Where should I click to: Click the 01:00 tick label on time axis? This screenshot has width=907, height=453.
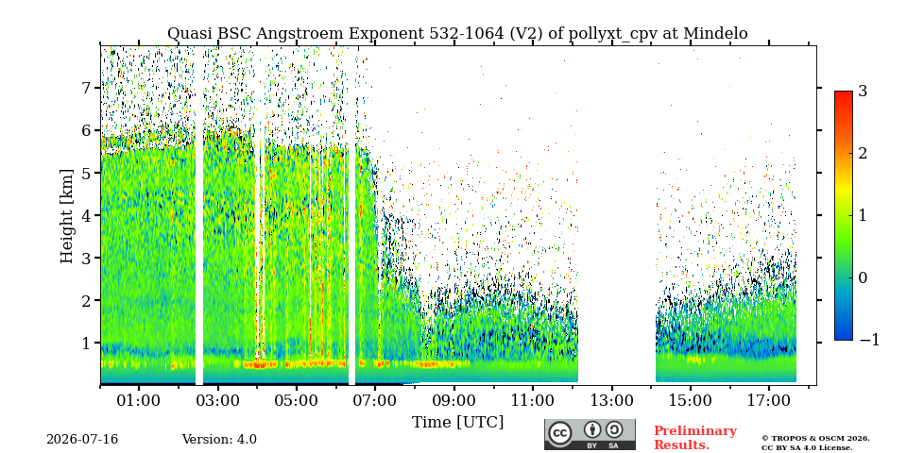[138, 401]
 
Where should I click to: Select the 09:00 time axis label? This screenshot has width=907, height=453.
[454, 401]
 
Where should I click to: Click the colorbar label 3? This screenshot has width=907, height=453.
[863, 92]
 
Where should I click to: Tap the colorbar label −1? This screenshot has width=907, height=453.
[869, 341]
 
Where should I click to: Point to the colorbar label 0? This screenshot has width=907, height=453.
[863, 277]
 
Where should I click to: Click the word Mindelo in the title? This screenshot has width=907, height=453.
[715, 34]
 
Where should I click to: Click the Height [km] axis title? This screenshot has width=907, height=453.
[67, 216]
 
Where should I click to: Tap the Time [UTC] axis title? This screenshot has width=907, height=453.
[457, 423]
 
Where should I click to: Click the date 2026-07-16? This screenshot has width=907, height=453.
[82, 440]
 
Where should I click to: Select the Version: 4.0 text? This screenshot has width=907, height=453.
[219, 440]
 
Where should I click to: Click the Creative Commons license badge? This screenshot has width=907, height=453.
[590, 434]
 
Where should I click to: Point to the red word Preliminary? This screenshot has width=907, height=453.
[695, 431]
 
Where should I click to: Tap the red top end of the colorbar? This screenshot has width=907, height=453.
[844, 93]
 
